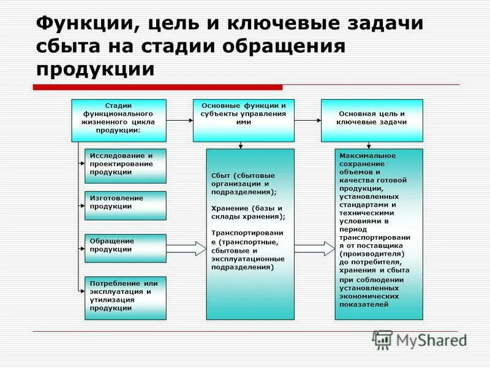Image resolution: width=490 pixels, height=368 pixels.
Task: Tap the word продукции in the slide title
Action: click(95, 67)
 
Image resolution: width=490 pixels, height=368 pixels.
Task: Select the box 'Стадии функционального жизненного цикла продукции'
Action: click(119, 117)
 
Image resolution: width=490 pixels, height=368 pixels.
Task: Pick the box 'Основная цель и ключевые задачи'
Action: click(372, 117)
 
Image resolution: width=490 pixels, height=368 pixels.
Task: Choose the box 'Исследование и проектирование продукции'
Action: click(125, 164)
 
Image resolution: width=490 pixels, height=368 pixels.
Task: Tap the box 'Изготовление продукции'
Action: click(125, 205)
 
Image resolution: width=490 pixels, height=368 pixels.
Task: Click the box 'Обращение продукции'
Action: click(125, 247)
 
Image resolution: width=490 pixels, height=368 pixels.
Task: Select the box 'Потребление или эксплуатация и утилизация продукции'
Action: click(125, 297)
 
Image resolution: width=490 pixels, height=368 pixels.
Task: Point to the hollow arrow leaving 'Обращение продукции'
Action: click(186, 248)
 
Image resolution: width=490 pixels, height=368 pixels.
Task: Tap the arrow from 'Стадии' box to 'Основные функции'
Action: click(179, 121)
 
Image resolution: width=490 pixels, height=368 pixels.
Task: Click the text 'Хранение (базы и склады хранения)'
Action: click(248, 212)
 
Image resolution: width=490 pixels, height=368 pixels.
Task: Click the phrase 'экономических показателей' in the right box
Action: click(367, 300)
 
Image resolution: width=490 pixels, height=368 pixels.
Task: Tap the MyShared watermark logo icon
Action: click(382, 339)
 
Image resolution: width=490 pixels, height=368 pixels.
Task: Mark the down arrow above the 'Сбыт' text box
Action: click(241, 145)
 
